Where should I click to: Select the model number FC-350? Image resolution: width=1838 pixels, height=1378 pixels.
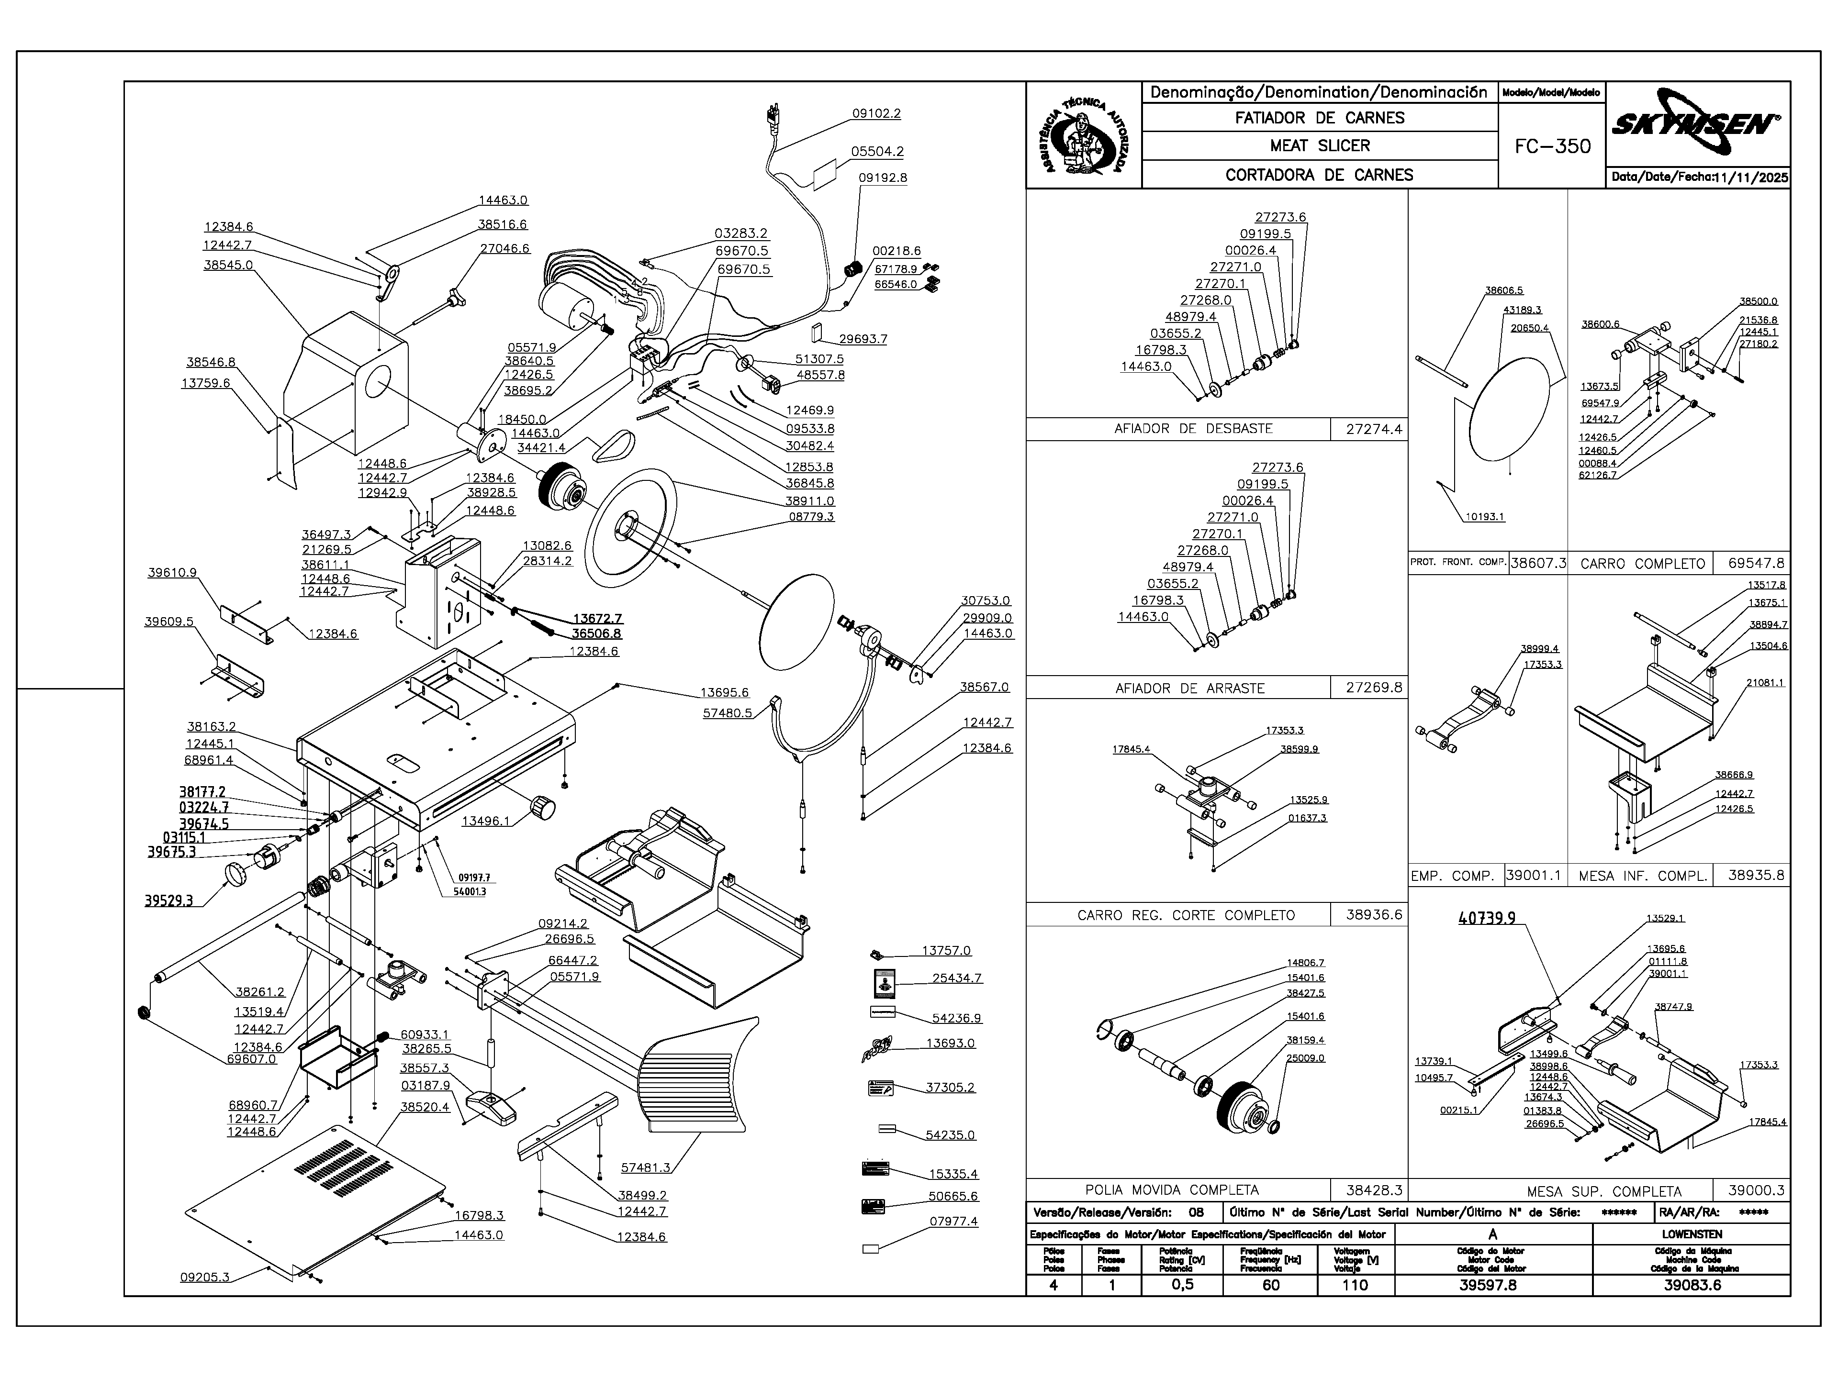tap(1552, 147)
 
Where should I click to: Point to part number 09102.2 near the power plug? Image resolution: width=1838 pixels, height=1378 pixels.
tap(876, 114)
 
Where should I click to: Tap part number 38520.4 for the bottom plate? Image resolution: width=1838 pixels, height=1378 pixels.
tap(425, 1107)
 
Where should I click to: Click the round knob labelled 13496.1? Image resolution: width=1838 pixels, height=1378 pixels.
tap(543, 807)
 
